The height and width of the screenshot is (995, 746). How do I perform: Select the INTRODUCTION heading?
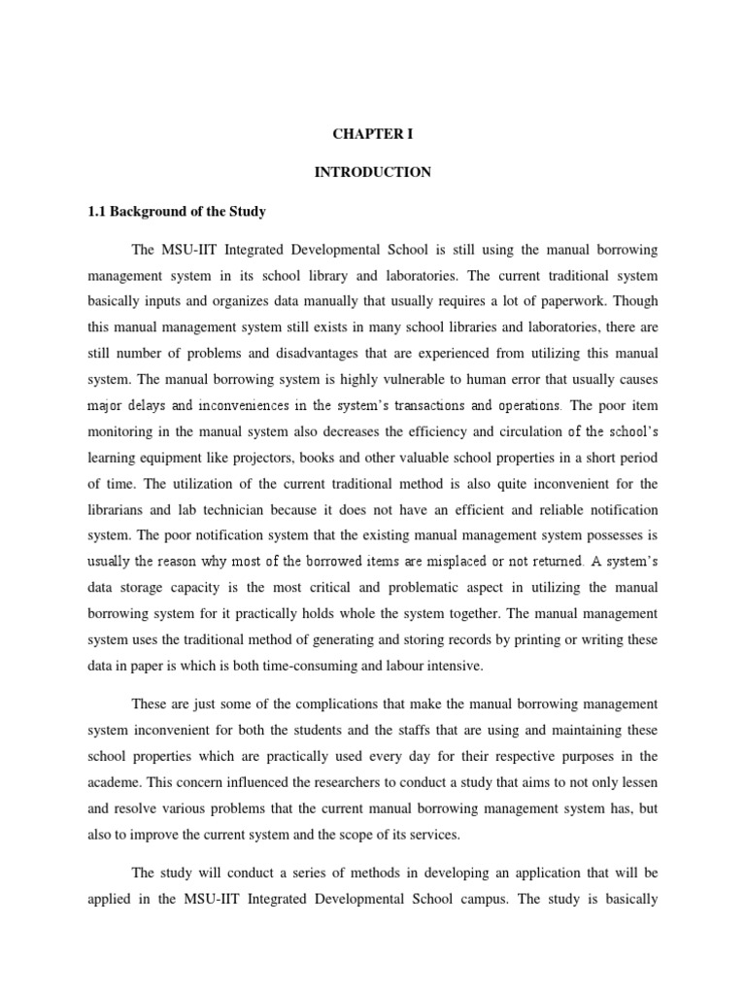click(x=372, y=172)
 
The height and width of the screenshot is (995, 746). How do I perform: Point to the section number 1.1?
click(x=99, y=211)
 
